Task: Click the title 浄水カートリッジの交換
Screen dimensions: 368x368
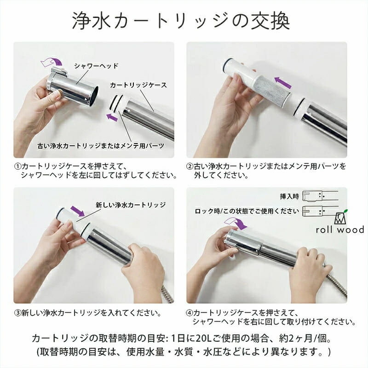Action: pos(181,21)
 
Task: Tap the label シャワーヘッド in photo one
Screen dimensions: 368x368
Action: pos(96,66)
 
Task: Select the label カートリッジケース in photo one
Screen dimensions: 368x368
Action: pos(138,85)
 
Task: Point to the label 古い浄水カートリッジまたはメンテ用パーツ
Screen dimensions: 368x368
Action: pos(101,146)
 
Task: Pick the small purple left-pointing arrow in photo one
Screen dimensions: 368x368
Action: pos(112,117)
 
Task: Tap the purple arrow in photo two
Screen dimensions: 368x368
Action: pos(283,83)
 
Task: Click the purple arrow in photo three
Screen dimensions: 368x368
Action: pos(78,211)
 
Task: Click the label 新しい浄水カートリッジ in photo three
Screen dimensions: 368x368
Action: pos(131,205)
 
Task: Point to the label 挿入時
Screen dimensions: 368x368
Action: pos(289,196)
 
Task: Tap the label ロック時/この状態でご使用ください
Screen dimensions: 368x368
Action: pos(247,211)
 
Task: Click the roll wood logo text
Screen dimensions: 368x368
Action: pos(340,229)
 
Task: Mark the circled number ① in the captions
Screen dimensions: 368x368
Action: pos(18,167)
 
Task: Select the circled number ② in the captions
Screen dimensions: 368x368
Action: pos(190,167)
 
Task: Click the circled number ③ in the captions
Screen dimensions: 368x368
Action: pos(18,313)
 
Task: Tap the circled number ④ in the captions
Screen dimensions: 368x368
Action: pos(190,313)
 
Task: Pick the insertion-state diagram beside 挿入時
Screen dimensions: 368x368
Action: pos(320,196)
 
